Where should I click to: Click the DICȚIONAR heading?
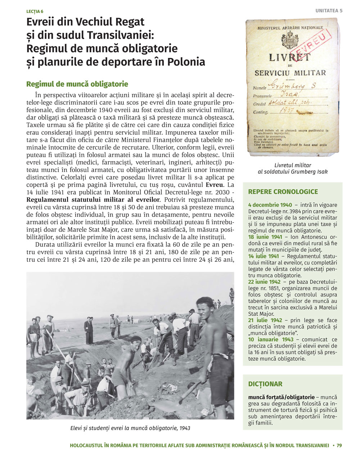click(265, 384)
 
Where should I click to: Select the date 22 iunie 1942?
click(264, 282)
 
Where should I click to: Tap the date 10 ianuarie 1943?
click(271, 339)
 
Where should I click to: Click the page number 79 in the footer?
click(339, 445)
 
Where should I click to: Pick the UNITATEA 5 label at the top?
click(329, 11)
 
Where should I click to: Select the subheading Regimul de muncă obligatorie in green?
click(77, 84)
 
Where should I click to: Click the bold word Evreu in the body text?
click(215, 185)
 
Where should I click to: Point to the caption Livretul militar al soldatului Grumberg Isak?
click(293, 168)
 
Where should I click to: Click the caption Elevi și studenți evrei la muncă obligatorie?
click(130, 428)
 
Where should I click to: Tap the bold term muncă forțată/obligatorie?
click(281, 397)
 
